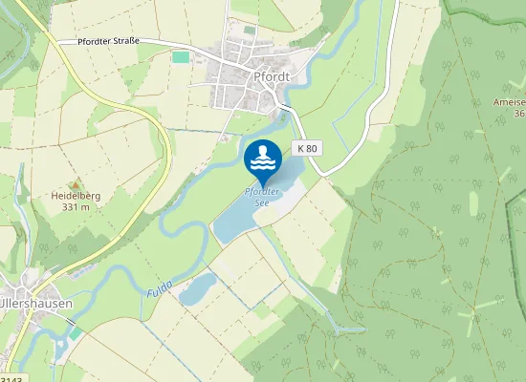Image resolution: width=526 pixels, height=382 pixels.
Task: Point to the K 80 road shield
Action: [x=307, y=148]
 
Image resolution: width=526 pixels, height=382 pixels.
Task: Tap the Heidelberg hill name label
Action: [x=76, y=196]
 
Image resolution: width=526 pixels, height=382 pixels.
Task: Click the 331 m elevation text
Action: [x=76, y=206]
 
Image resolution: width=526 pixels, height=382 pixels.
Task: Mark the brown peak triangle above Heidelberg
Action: [x=75, y=184]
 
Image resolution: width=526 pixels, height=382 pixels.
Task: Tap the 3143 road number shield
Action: [x=10, y=378]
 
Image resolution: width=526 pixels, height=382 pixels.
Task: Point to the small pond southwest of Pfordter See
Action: [x=199, y=287]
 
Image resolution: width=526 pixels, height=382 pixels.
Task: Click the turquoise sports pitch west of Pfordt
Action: [x=181, y=57]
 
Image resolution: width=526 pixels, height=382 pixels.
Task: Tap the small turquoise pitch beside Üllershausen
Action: [x=76, y=335]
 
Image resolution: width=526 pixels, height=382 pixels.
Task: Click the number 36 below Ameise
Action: [x=519, y=114]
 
